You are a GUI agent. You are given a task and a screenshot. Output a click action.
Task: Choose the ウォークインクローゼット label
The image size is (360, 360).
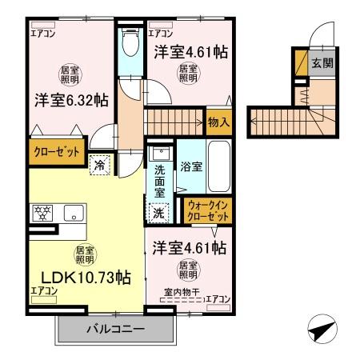point(206,210)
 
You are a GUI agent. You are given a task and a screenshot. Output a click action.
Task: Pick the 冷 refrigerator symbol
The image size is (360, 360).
point(100,165)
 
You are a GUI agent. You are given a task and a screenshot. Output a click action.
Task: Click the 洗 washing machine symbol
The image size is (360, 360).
point(158,213)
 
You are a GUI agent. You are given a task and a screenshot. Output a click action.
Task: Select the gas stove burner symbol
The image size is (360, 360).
point(42,213)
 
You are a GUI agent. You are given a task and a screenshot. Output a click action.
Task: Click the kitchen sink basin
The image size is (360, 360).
point(74,213)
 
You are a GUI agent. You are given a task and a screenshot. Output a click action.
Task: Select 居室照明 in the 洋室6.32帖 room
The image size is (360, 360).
point(70,74)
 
